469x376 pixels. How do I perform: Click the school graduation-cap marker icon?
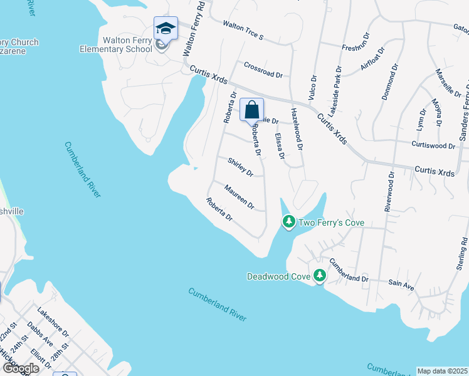[166, 29]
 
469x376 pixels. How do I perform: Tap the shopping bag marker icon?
[251, 110]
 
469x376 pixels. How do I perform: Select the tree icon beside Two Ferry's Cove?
[288, 222]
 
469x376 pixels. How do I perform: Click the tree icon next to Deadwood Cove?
[320, 275]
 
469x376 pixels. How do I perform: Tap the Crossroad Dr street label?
[263, 70]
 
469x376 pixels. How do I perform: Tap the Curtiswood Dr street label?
[433, 145]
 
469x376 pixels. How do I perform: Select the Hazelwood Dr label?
[297, 129]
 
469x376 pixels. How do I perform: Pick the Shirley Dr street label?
[240, 167]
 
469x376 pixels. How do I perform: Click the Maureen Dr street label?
[239, 196]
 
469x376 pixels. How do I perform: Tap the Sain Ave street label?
[401, 285]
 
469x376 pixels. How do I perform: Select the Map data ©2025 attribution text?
[442, 371]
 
